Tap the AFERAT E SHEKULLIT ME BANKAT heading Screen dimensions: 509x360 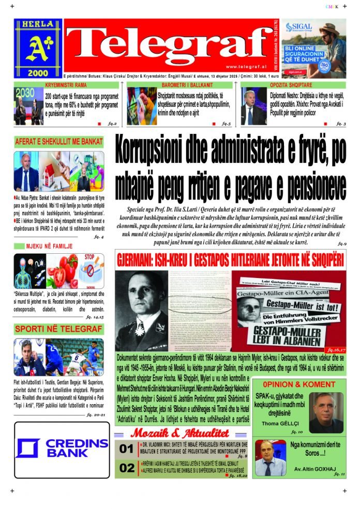coord(58,141)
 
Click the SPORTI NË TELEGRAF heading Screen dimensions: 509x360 coord(58,329)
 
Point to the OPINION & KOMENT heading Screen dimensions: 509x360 coord(298,384)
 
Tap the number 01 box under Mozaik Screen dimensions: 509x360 coord(127,449)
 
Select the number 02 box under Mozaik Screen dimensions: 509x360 coord(127,469)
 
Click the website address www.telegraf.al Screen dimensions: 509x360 coord(246,66)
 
